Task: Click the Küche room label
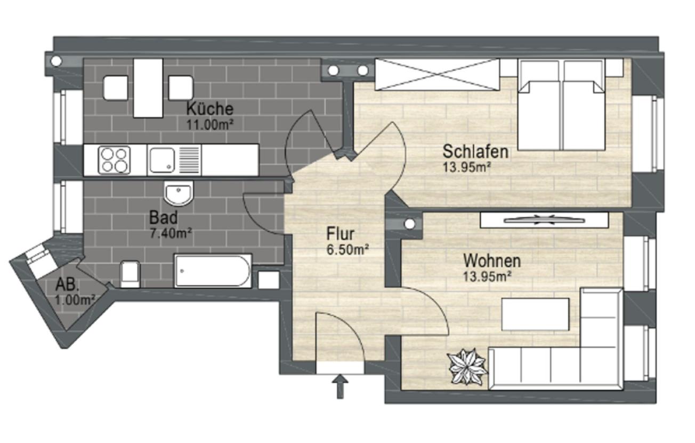[209, 109]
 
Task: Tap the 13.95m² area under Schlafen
[466, 166]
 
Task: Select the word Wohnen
[491, 262]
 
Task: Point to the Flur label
[341, 234]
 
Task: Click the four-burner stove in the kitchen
[115, 160]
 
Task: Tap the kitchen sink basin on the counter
[162, 160]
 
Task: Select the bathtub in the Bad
[213, 271]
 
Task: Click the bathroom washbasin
[179, 193]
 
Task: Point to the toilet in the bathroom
[130, 273]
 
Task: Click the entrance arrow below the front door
[341, 386]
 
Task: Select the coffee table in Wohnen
[535, 314]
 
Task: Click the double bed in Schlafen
[562, 112]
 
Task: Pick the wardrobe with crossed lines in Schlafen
[437, 75]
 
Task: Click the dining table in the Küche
[148, 88]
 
